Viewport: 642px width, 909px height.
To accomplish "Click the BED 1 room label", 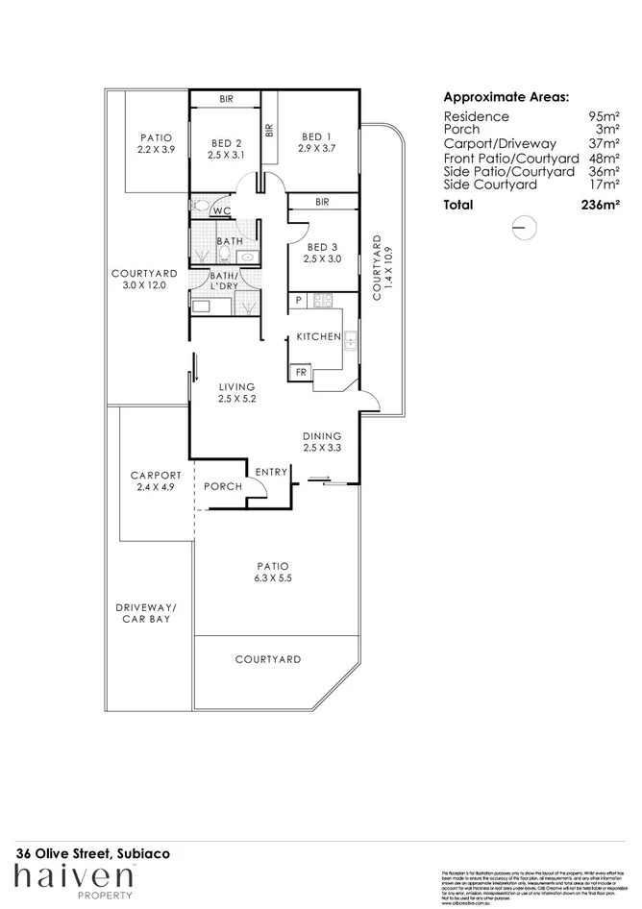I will [x=316, y=136].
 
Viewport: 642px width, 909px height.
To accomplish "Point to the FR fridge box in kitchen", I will [x=301, y=372].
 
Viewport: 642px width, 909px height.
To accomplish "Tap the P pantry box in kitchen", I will [x=299, y=301].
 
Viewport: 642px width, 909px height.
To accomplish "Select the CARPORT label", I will [x=156, y=475].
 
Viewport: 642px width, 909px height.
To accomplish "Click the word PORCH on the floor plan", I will [x=223, y=487].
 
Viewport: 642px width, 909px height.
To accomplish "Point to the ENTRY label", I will [x=271, y=471].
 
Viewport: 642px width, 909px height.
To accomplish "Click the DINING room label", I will [x=322, y=434].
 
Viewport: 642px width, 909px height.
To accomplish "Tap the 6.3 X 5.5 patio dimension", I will [x=273, y=579].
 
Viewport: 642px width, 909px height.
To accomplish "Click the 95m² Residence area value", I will [x=604, y=116].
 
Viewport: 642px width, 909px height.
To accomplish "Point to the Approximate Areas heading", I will [x=506, y=97].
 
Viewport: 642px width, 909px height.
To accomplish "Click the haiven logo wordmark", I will [x=73, y=876].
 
